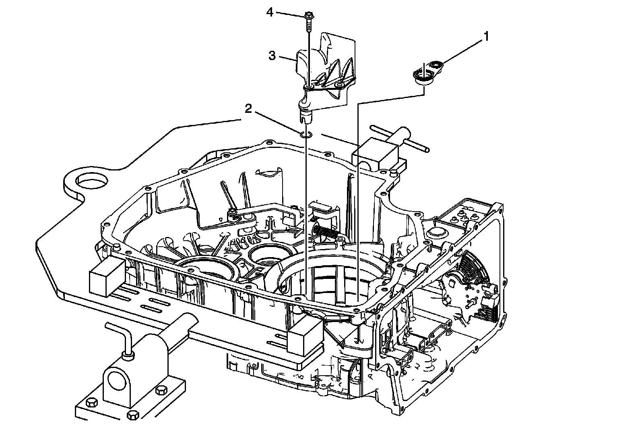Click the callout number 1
click(x=486, y=37)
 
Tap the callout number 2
click(x=249, y=109)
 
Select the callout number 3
click(x=272, y=56)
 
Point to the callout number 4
click(x=270, y=12)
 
